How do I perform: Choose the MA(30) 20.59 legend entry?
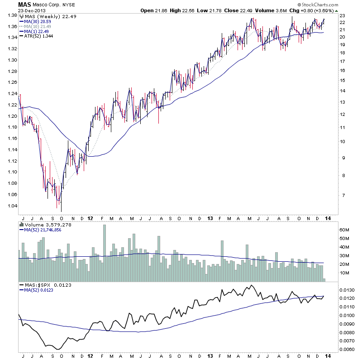(x=38, y=21)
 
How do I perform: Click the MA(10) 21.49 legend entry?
(x=38, y=26)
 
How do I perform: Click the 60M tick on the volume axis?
(x=345, y=230)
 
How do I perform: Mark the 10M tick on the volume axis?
(x=345, y=273)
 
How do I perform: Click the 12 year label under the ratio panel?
(x=90, y=356)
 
